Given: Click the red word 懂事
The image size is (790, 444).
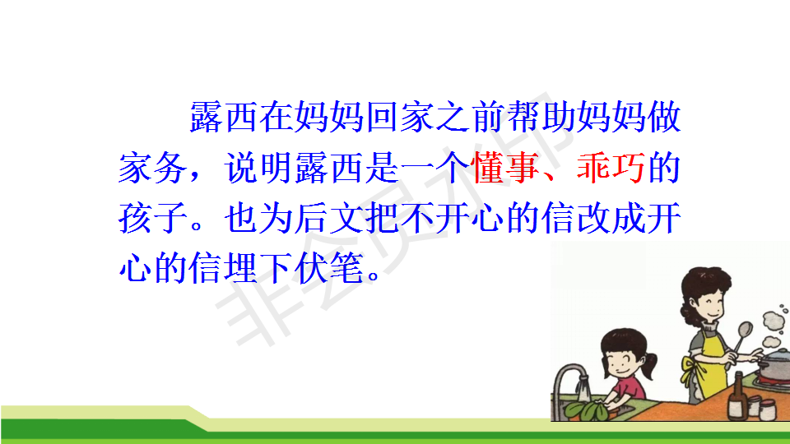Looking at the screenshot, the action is [x=505, y=168].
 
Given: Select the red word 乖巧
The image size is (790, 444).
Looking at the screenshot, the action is [x=611, y=168].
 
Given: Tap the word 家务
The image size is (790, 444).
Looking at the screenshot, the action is [x=153, y=168].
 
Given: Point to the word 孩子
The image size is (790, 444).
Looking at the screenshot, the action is [x=153, y=218].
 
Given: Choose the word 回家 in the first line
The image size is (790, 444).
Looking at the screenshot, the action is [x=400, y=117].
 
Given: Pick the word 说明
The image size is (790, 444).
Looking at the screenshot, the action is [x=258, y=168].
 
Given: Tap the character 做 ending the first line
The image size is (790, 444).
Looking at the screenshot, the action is [x=664, y=117].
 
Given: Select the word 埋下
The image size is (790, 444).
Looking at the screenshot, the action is [x=258, y=268].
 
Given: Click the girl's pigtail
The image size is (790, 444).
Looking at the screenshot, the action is [x=650, y=366].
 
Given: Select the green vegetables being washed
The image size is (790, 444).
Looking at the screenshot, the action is [x=588, y=410].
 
